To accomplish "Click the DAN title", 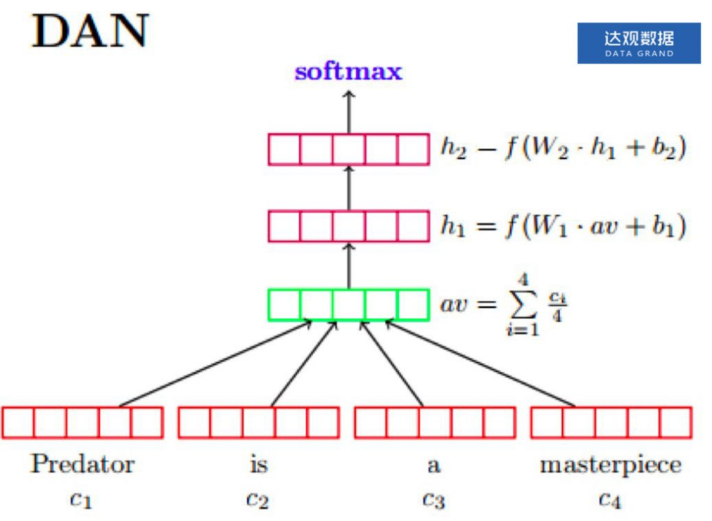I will point(90,32).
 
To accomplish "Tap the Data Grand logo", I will point(639,43).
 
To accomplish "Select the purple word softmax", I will point(348,72).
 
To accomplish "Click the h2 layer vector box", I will point(348,150).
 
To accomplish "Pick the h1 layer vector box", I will point(348,226).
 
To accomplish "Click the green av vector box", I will point(348,305).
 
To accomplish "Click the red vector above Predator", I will point(83,423).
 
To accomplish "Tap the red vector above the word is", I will point(259,423).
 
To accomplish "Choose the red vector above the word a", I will point(435,423).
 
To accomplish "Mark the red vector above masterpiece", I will point(611,423).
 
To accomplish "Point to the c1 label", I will point(82,498).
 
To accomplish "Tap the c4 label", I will point(610,498).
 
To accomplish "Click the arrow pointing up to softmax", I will point(348,111).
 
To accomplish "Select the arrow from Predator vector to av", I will point(216,363).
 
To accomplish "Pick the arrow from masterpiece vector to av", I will point(480,363).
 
